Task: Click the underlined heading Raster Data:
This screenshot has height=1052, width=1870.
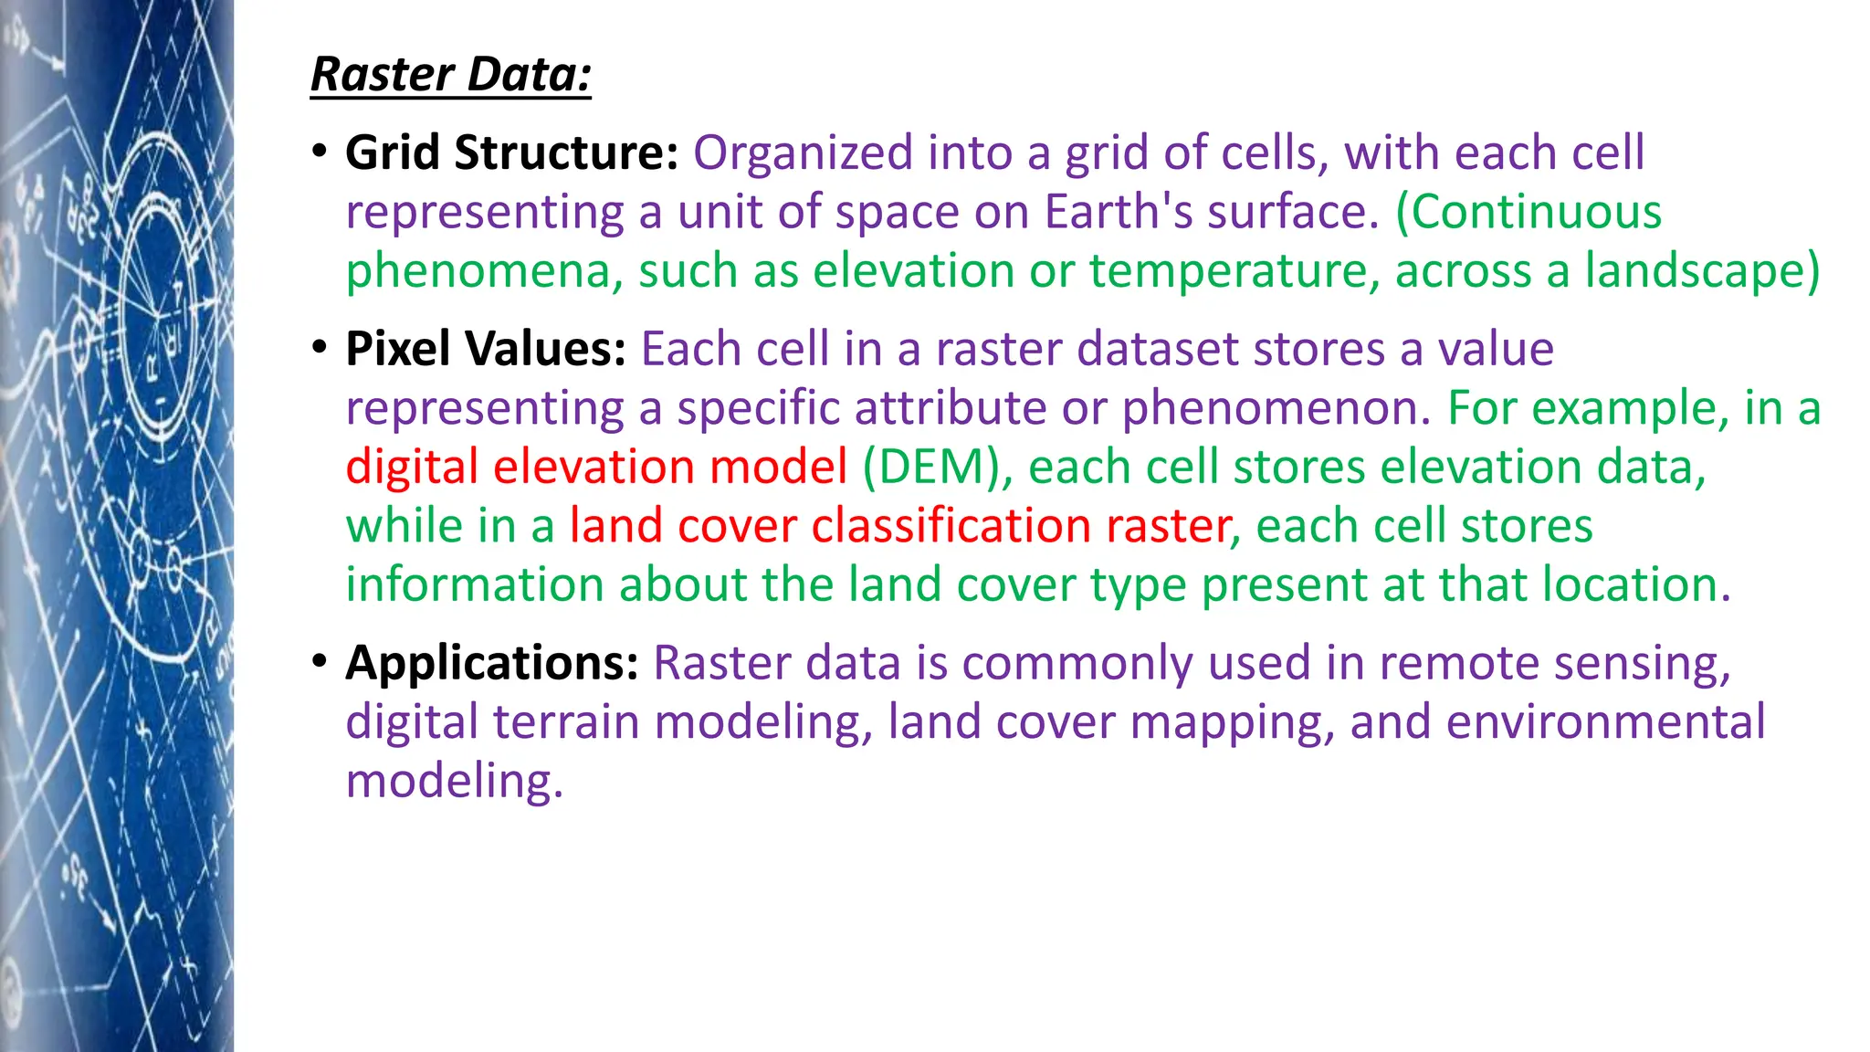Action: point(451,75)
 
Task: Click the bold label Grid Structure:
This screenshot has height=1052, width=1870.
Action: point(511,153)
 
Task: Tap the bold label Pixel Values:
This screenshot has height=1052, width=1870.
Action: point(485,349)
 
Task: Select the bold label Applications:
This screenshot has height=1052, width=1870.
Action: point(491,663)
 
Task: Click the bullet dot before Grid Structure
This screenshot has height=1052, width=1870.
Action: point(319,152)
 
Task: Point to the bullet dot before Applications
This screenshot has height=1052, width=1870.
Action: point(319,661)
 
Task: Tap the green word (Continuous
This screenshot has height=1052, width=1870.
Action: point(1528,212)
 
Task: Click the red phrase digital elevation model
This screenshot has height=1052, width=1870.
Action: point(596,467)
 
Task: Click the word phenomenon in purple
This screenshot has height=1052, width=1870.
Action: point(1276,408)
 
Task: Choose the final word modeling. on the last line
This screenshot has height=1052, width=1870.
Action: point(454,782)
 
